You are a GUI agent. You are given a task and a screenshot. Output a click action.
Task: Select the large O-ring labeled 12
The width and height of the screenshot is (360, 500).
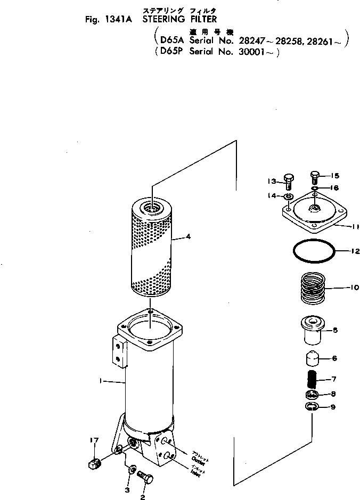point(313,251)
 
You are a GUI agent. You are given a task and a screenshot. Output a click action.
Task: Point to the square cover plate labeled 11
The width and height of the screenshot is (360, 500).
point(314,215)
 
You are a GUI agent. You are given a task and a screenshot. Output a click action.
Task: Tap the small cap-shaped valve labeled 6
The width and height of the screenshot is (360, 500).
point(313,360)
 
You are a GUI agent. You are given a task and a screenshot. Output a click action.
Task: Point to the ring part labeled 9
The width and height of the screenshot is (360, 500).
point(312,407)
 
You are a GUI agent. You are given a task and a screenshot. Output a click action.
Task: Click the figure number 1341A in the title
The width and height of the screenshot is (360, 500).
point(120,20)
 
